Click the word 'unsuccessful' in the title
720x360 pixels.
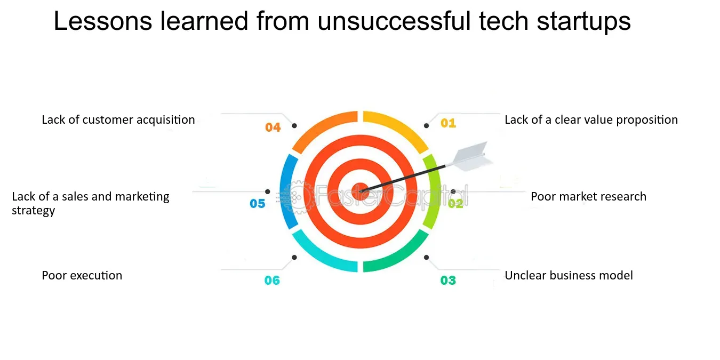394,21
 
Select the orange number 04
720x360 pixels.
273,127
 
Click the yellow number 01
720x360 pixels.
448,123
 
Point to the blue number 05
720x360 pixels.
258,203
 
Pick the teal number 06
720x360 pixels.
272,281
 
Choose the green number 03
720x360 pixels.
448,281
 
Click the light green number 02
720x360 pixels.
455,203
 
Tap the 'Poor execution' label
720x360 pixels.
82,275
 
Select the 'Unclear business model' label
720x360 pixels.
569,275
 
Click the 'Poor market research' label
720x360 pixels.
589,196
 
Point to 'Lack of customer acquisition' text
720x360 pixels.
118,120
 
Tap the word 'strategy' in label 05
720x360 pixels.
34,211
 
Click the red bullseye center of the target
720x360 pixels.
361,191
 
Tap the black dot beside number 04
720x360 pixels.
294,126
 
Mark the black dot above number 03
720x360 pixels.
426,258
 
